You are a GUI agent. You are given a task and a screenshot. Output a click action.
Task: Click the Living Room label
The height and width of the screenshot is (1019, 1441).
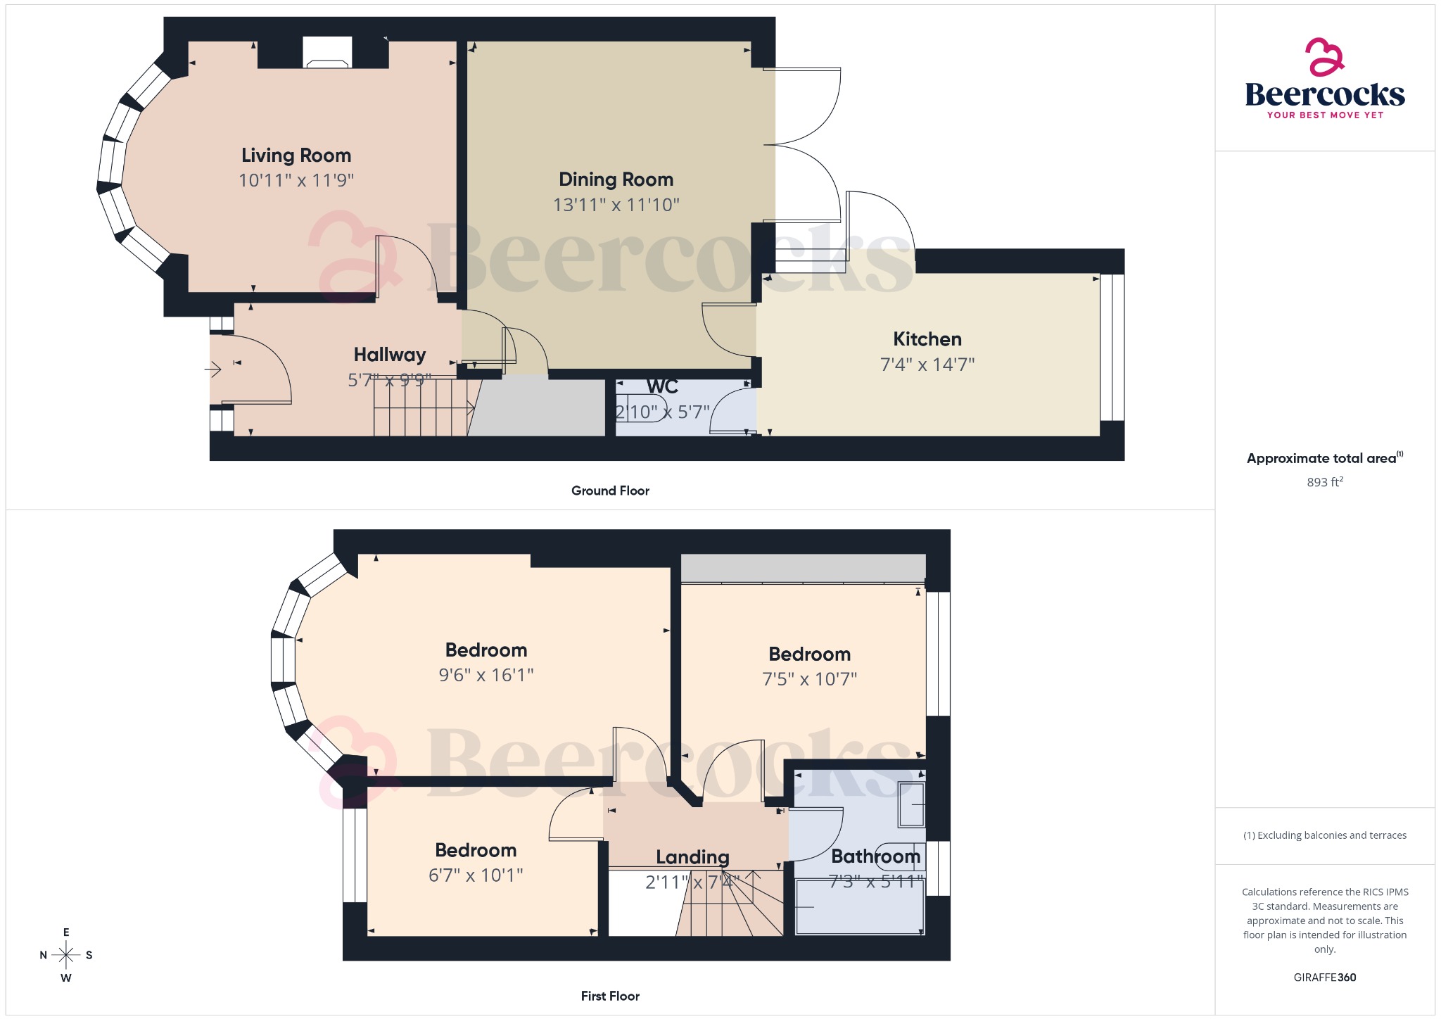pyautogui.click(x=296, y=155)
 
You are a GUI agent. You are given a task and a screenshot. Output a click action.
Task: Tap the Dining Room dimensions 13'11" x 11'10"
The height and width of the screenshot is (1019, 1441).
pyautogui.click(x=616, y=205)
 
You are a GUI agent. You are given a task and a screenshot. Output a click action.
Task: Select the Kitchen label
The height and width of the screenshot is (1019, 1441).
pyautogui.click(x=927, y=339)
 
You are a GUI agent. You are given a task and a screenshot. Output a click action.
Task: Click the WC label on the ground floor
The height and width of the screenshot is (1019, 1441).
pyautogui.click(x=662, y=386)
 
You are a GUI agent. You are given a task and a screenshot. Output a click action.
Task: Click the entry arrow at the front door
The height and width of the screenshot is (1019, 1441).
pyautogui.click(x=213, y=369)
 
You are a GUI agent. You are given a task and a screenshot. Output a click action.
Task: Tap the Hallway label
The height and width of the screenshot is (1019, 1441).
pyautogui.click(x=389, y=355)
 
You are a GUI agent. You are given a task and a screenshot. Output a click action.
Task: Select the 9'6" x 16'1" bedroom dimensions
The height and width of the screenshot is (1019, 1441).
pyautogui.click(x=485, y=675)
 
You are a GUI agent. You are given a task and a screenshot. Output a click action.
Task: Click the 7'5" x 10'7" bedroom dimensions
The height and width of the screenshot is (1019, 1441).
pyautogui.click(x=809, y=679)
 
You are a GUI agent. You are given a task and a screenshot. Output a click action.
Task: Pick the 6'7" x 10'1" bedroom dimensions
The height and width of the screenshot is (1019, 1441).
pyautogui.click(x=476, y=875)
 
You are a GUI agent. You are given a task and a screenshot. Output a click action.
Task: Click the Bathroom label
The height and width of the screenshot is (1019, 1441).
pyautogui.click(x=875, y=856)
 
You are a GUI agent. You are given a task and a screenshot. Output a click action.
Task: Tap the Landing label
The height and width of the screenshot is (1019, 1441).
pyautogui.click(x=692, y=857)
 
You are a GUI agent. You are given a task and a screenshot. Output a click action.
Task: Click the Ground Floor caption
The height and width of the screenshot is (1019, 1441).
pyautogui.click(x=610, y=490)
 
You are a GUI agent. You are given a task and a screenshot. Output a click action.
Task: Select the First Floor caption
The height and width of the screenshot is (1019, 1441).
pyautogui.click(x=610, y=996)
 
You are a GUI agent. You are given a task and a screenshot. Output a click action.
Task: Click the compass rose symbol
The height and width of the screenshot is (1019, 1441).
pyautogui.click(x=66, y=955)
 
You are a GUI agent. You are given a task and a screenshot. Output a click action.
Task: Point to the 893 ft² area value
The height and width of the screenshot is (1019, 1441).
pyautogui.click(x=1324, y=482)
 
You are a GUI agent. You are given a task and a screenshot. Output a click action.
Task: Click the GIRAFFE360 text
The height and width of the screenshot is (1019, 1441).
pyautogui.click(x=1324, y=977)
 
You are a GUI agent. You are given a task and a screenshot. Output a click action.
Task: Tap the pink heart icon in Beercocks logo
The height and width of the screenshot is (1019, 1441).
pyautogui.click(x=1324, y=57)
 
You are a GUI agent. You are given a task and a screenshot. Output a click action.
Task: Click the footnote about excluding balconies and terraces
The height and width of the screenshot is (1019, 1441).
pyautogui.click(x=1324, y=835)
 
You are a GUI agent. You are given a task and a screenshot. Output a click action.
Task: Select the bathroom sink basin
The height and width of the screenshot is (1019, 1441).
pyautogui.click(x=912, y=804)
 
